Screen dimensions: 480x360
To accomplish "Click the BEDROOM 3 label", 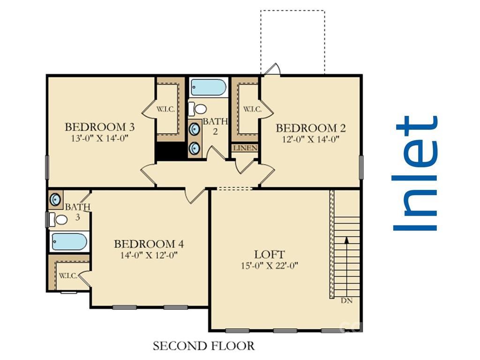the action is tap(100, 127).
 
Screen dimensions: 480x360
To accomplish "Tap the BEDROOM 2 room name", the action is tap(311, 128).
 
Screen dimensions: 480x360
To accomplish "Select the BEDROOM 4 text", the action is tap(149, 244).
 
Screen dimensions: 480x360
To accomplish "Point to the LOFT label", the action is tap(270, 255).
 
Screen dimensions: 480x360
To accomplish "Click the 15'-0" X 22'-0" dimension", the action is tap(270, 265).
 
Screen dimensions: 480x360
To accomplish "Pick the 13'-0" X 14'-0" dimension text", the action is tap(99, 138).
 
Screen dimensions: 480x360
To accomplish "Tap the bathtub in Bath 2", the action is tap(208, 88).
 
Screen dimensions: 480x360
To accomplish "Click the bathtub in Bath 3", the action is tap(69, 241).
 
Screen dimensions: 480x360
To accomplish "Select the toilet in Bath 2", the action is tap(197, 109).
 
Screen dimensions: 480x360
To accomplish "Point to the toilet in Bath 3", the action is tap(58, 219).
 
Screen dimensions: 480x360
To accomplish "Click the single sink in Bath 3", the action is tap(55, 200).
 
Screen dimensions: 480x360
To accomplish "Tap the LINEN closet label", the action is tap(245, 148).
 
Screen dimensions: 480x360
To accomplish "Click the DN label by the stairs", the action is tap(346, 300).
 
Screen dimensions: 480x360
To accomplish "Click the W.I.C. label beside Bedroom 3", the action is tap(165, 109).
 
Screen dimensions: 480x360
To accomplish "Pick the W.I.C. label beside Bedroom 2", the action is tap(252, 109).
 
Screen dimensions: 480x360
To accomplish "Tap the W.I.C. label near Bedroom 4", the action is tap(68, 276).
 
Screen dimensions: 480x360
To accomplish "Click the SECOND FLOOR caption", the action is tap(203, 346).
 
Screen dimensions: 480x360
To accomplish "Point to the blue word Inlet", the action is tap(416, 173).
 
